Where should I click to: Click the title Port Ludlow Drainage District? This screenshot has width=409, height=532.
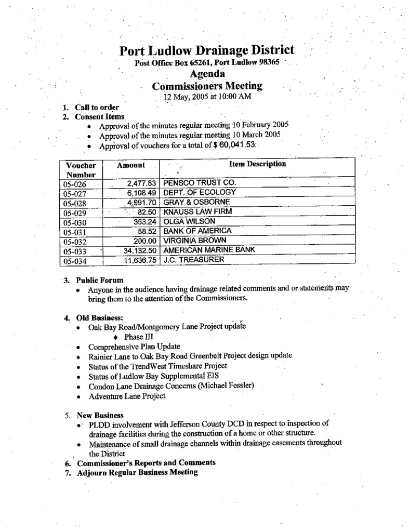point(206,51)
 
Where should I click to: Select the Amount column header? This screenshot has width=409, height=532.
point(130,165)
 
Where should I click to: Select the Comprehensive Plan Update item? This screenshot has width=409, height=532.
point(134,346)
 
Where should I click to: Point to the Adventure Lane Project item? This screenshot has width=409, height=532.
point(127,396)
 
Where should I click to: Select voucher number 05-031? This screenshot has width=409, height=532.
point(73,232)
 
